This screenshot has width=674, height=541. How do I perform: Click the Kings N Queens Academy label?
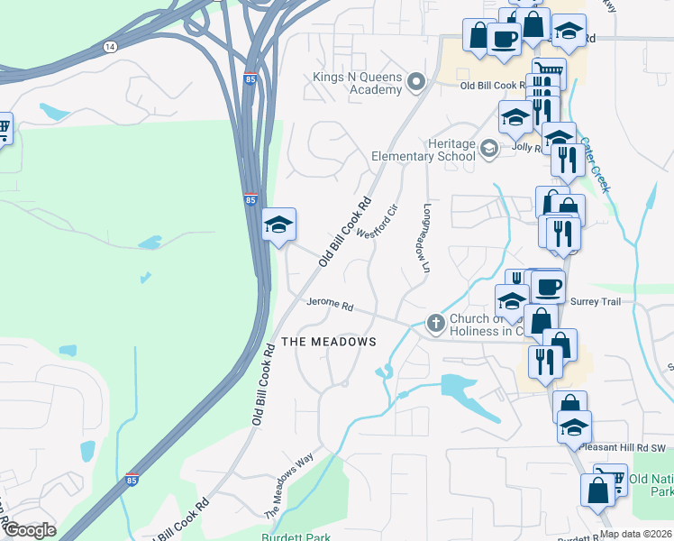(357, 83)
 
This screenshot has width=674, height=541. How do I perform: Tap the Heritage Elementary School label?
(424, 150)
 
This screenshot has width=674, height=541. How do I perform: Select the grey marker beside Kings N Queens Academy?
(415, 84)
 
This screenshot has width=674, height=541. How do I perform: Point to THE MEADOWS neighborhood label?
(328, 342)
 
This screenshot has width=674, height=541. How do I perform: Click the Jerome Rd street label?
(329, 305)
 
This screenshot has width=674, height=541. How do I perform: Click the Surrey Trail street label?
(595, 302)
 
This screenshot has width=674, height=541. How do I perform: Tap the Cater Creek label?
(595, 164)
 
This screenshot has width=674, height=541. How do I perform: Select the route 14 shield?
(110, 46)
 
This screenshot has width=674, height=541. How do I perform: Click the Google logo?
(29, 530)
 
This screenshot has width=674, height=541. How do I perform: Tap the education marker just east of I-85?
(279, 225)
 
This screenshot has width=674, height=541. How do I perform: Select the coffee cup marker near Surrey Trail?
(547, 288)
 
